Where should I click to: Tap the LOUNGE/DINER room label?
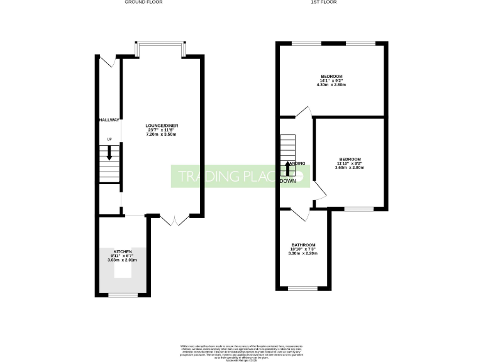158,126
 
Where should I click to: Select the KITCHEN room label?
122,251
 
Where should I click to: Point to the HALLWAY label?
108,119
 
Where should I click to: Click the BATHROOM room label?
303,244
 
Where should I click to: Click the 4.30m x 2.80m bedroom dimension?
331,85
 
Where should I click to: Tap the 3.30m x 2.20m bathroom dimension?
303,253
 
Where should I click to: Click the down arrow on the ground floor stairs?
109,153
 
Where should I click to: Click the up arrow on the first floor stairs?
288,168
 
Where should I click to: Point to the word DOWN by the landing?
288,181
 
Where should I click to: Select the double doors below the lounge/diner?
174,220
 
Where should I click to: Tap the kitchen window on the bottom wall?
119,294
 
